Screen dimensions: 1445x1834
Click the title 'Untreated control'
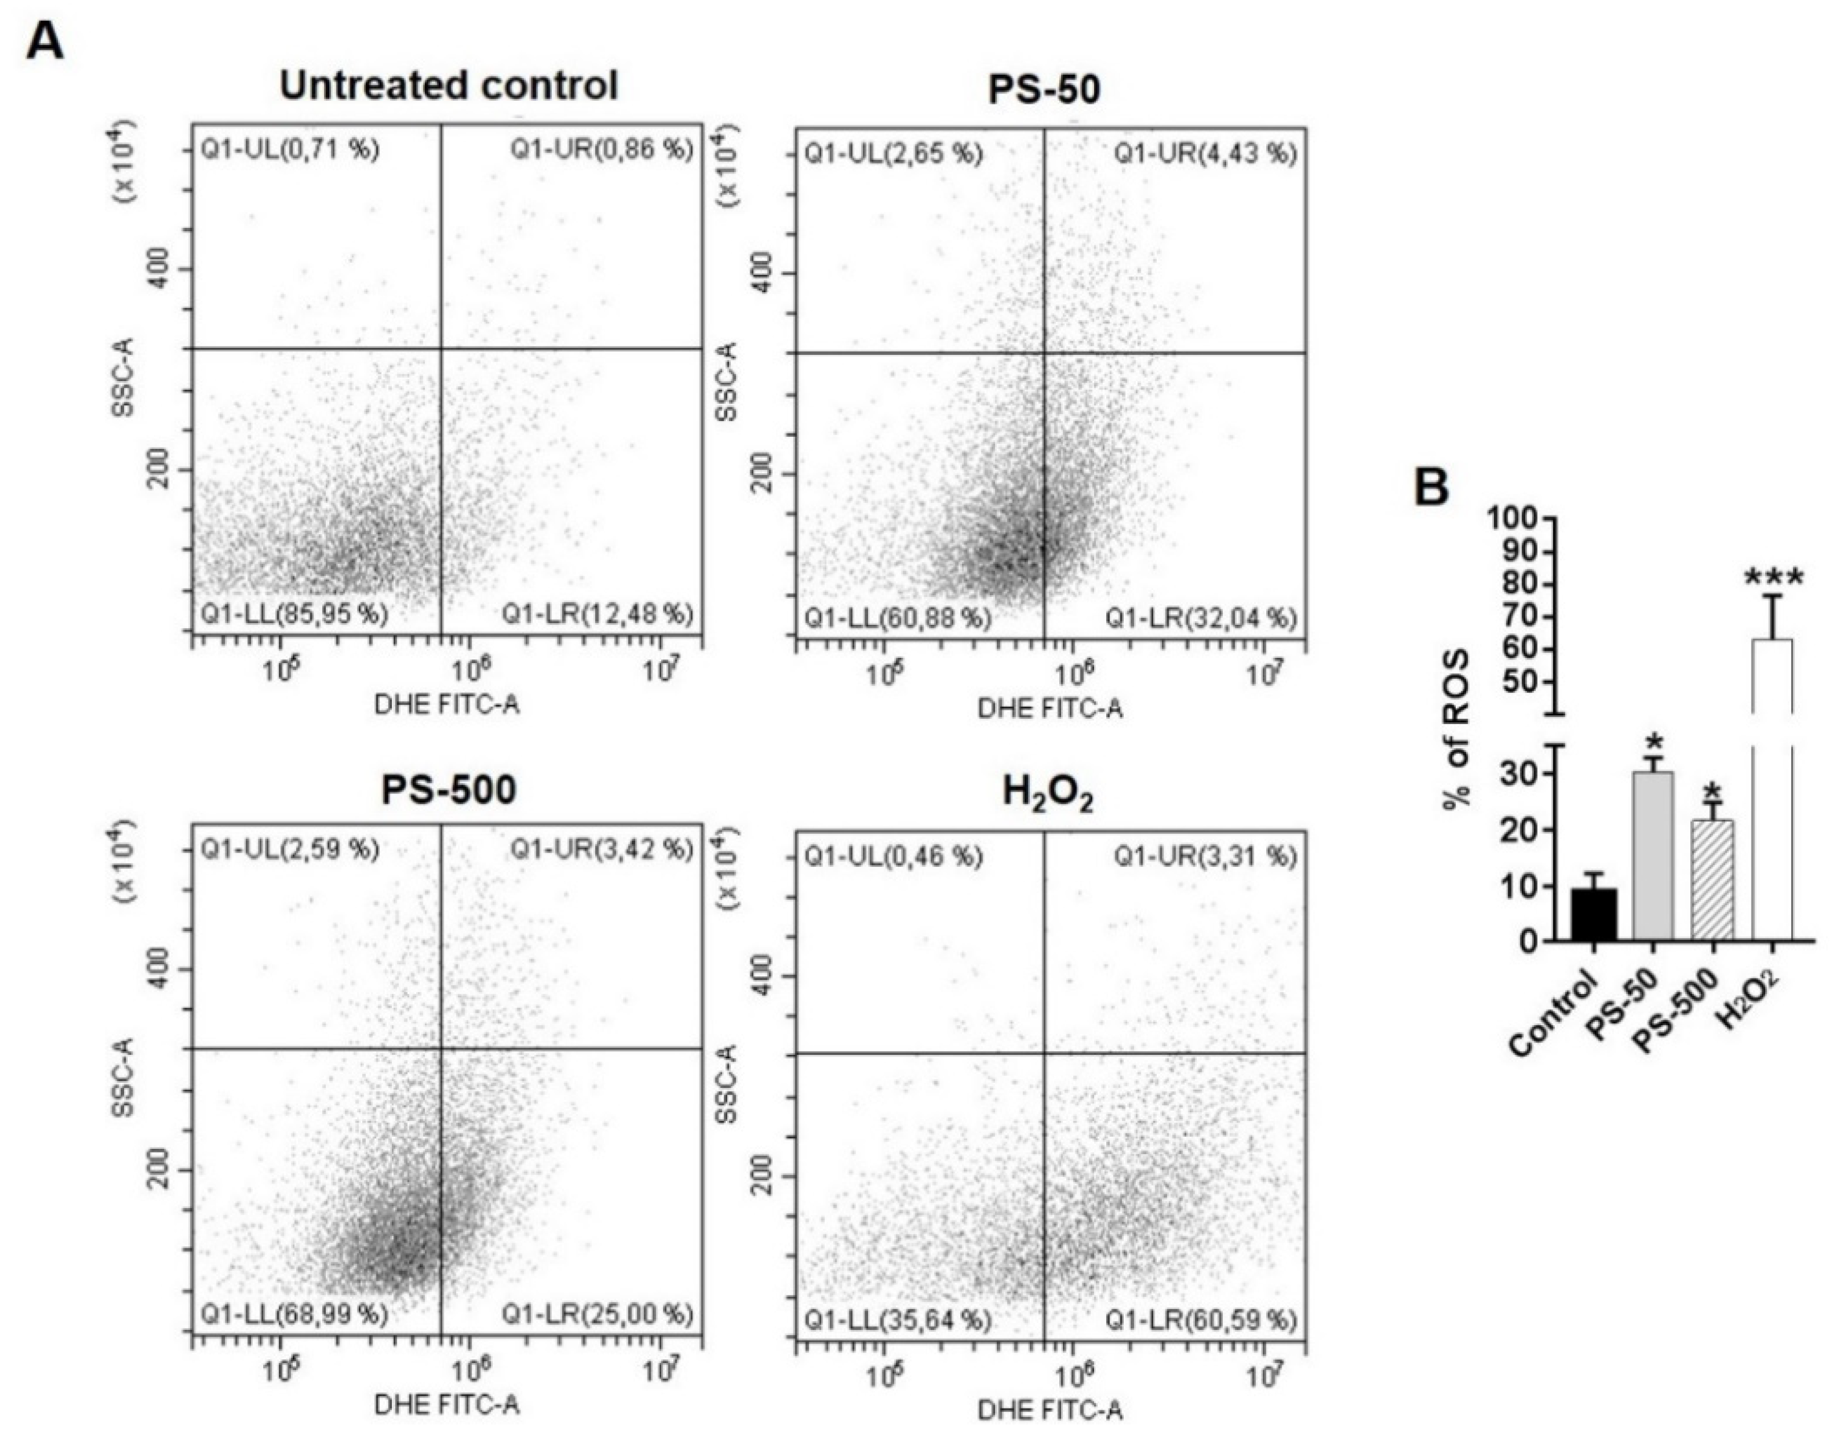point(449,85)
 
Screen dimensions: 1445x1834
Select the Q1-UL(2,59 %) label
point(289,849)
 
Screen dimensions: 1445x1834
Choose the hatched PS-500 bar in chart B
point(1712,880)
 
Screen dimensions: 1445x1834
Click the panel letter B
point(1431,488)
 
